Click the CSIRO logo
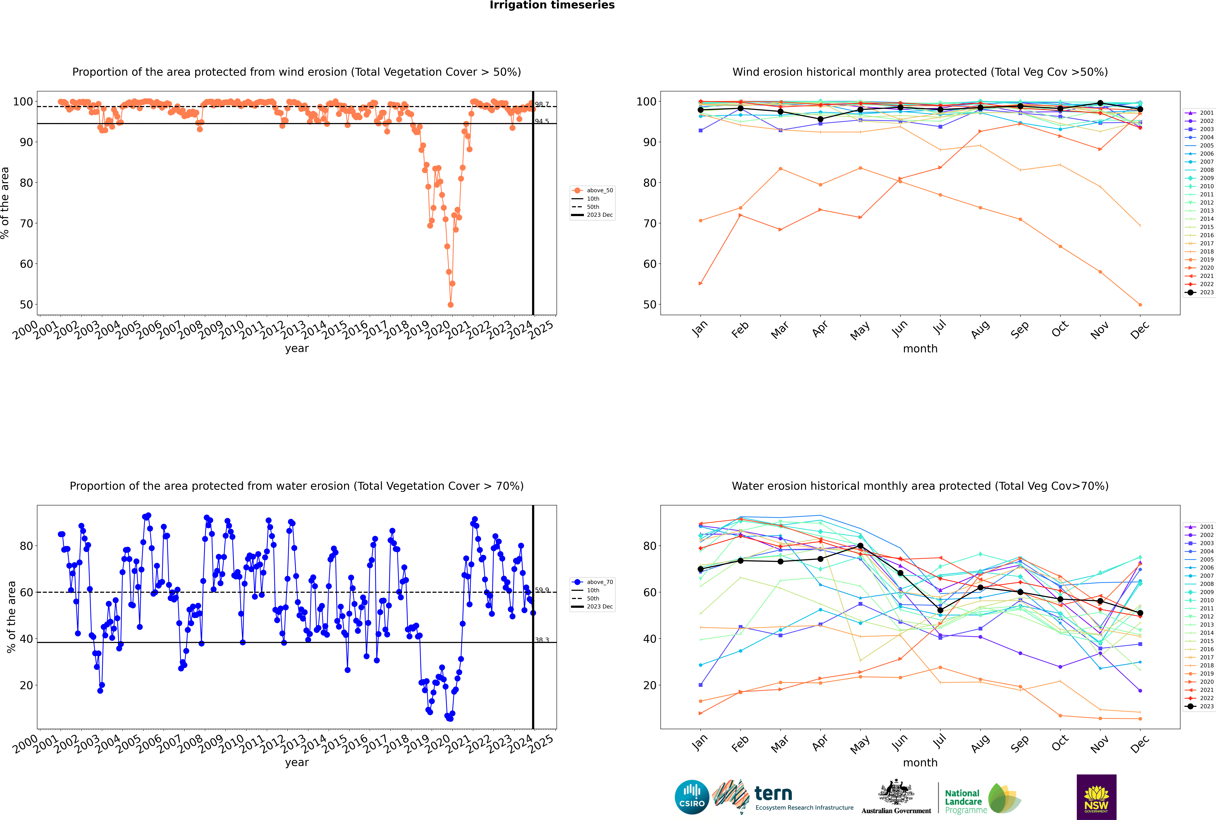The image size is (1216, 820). (692, 797)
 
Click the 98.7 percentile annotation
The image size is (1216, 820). (542, 105)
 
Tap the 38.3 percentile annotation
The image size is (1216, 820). (542, 640)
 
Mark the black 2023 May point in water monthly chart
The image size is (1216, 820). (860, 546)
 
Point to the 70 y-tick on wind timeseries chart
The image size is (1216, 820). (26, 223)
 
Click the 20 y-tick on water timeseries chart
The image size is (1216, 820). (26, 685)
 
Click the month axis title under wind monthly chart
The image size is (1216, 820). (920, 349)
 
